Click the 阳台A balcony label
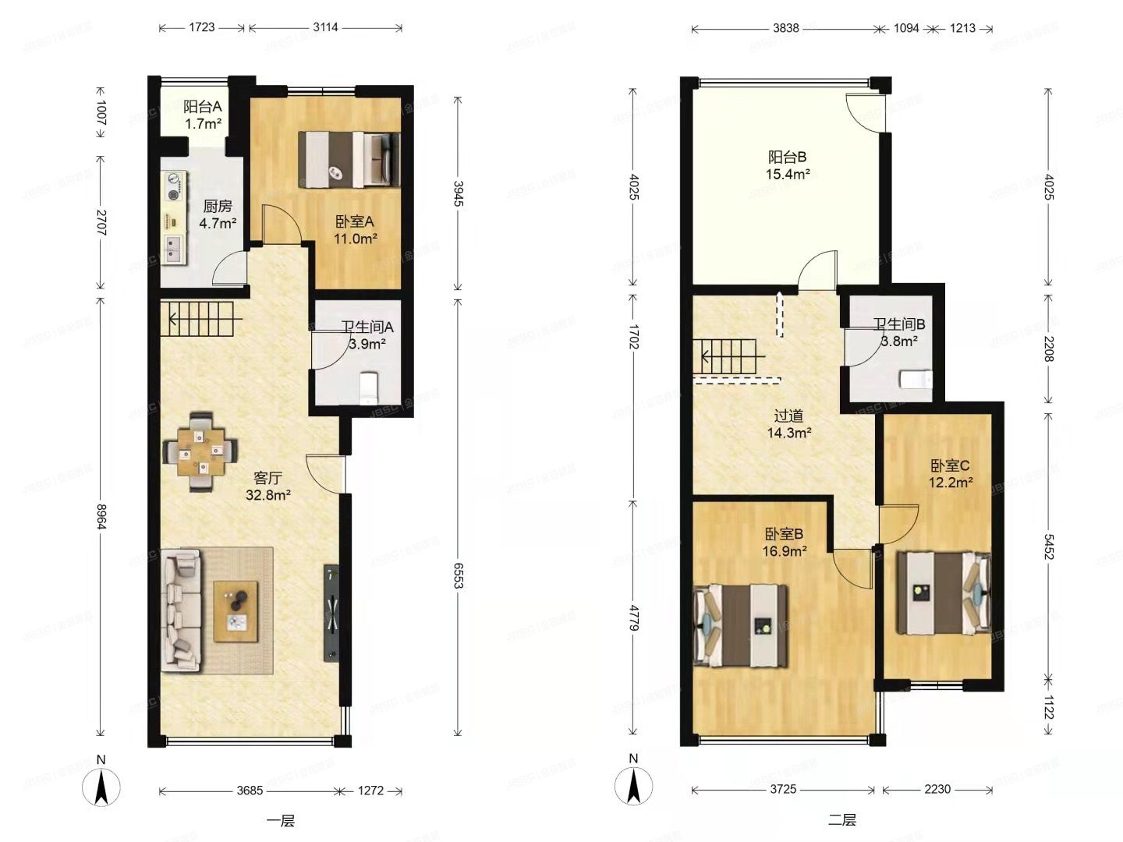[203, 107]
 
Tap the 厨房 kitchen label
[218, 207]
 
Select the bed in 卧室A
[349, 160]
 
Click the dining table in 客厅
[200, 451]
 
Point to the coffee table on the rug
[236, 611]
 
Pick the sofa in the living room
[181, 610]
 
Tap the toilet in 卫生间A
[369, 387]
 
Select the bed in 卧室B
[740, 626]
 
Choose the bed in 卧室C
[944, 593]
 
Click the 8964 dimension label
[101, 517]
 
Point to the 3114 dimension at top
[326, 27]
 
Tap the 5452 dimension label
[1048, 547]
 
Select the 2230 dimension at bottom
[937, 789]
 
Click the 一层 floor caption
[281, 821]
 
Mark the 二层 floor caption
[842, 820]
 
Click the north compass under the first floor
[101, 783]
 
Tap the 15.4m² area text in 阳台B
[788, 175]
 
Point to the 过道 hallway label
[788, 416]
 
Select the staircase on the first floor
[201, 320]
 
